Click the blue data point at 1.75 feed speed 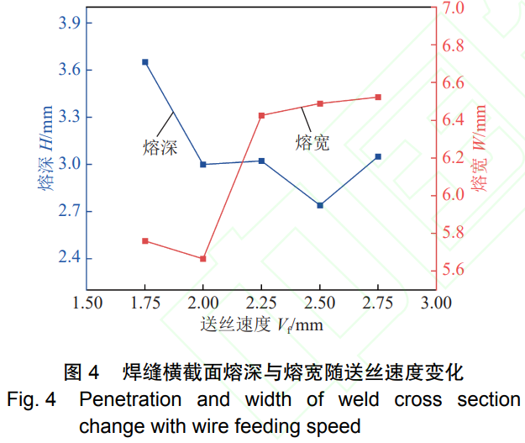click(x=145, y=62)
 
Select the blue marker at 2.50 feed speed click(x=320, y=205)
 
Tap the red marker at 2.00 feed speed click(x=203, y=259)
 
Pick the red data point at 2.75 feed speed click(x=378, y=98)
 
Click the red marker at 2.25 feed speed click(x=261, y=116)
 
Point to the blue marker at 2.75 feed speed click(x=378, y=156)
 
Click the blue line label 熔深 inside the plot click(x=160, y=148)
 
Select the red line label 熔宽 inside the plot click(x=312, y=143)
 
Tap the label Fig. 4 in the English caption click(x=29, y=399)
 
